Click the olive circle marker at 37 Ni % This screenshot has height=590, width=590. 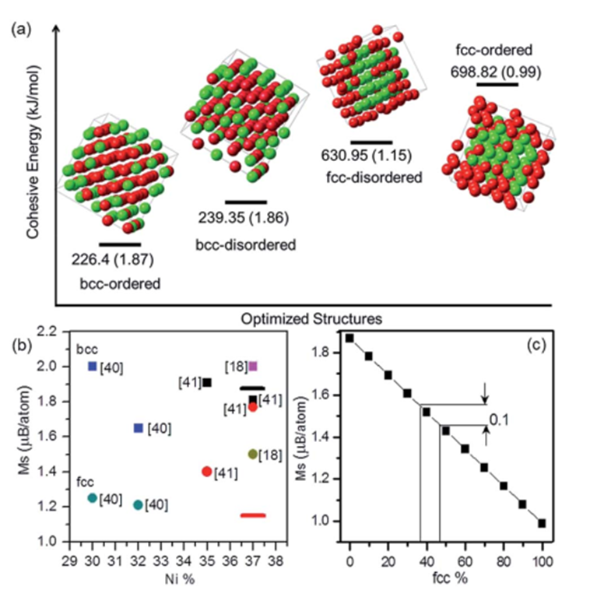pyautogui.click(x=252, y=454)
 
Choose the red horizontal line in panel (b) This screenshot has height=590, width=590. pyautogui.click(x=253, y=514)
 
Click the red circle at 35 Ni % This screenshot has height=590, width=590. pyautogui.click(x=206, y=471)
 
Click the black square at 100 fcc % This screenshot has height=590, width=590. pyautogui.click(x=542, y=523)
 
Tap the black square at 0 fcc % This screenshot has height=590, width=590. pyautogui.click(x=350, y=338)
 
